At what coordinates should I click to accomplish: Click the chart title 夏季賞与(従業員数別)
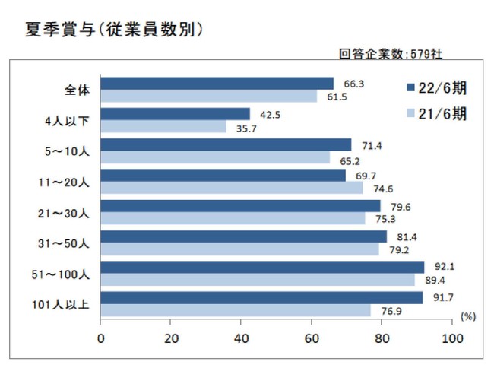click(x=103, y=29)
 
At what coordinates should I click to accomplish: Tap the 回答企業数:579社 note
click(x=391, y=54)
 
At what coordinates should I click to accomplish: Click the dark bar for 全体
click(x=217, y=83)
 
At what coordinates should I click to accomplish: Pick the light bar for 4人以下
click(x=163, y=127)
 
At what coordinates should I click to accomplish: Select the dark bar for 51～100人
click(x=262, y=267)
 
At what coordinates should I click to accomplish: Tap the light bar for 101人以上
click(x=236, y=310)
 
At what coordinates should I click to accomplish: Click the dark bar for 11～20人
click(x=223, y=175)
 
